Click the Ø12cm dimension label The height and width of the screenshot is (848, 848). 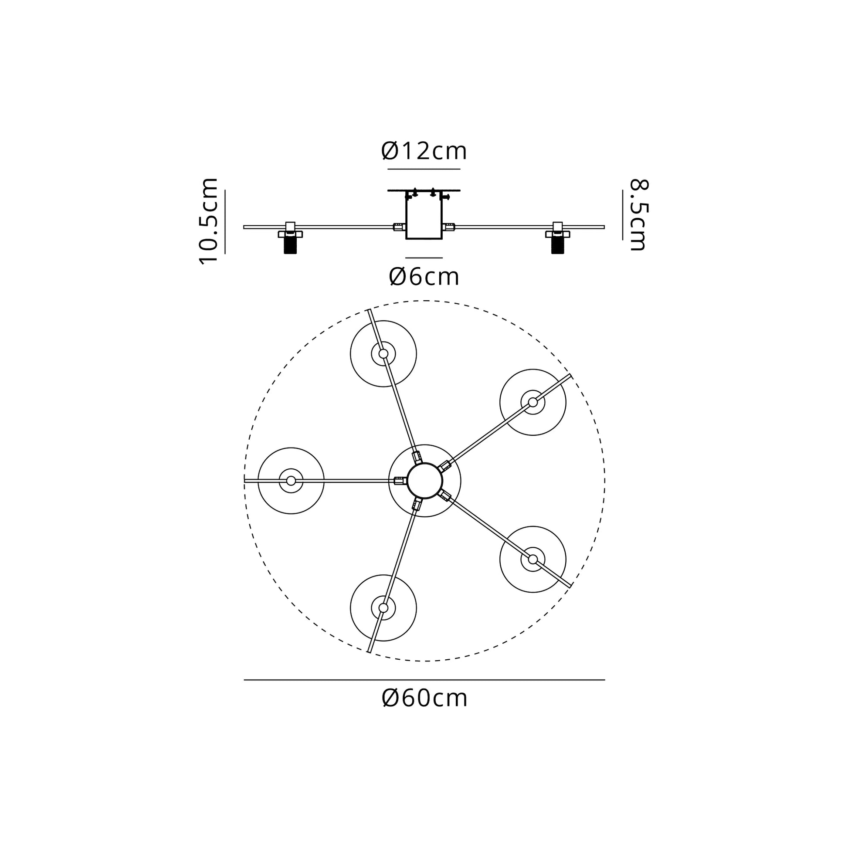pos(424,151)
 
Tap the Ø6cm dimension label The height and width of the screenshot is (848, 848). pos(424,277)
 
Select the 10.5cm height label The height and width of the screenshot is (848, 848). pos(208,221)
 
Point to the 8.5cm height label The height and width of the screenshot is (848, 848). pos(639,215)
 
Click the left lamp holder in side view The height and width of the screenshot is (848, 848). pos(290,237)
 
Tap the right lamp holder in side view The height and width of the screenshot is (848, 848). pos(557,237)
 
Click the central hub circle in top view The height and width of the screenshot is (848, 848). pos(424,481)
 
